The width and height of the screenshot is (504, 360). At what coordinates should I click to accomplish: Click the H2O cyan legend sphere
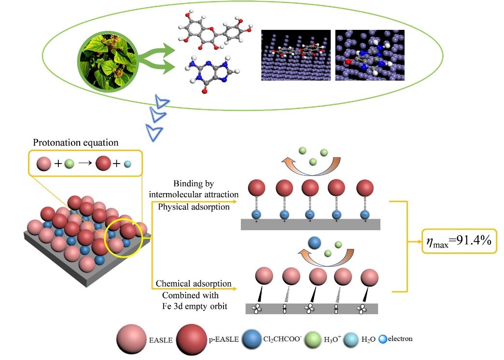click(357, 339)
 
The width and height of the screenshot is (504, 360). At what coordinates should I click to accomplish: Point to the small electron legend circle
click(384, 339)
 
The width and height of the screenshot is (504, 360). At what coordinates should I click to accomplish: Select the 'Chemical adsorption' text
click(194, 283)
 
